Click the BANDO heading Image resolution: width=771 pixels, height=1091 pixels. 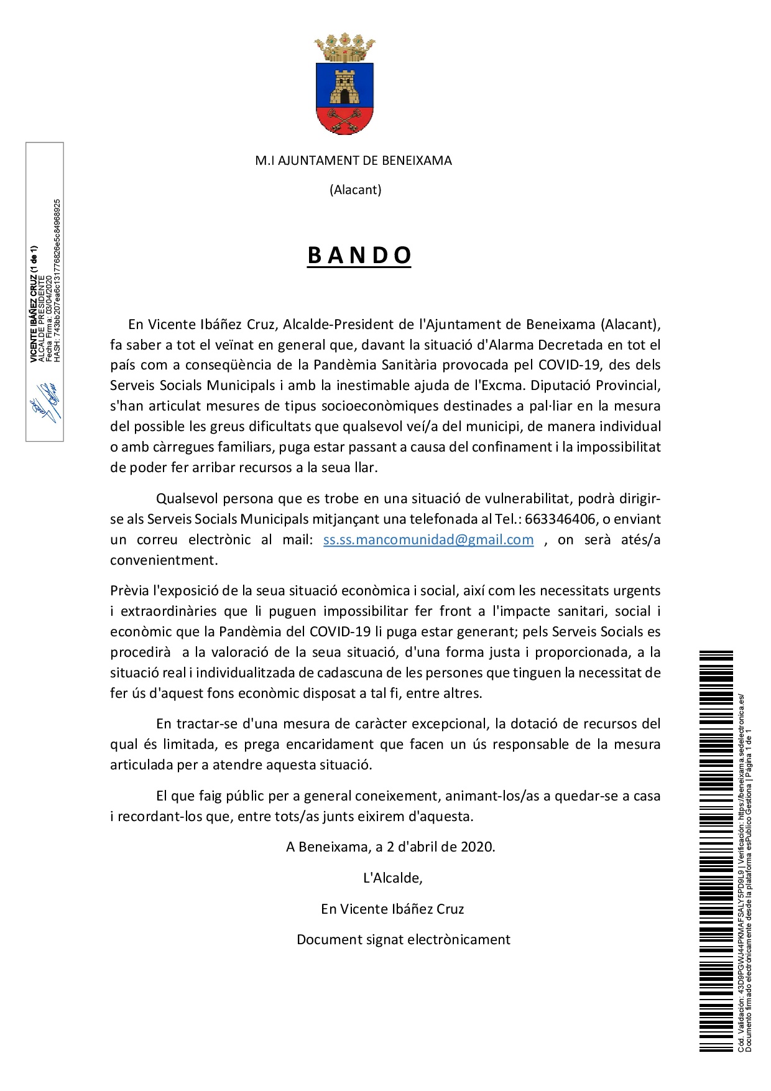[359, 256]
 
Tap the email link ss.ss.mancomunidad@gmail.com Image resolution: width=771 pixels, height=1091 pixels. [428, 539]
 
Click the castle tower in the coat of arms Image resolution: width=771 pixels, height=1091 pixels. [344, 87]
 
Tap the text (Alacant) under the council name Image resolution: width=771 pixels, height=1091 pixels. [355, 190]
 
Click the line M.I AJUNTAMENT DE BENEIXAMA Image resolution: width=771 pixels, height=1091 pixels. [353, 160]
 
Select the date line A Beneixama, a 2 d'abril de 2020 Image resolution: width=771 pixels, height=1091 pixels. [390, 847]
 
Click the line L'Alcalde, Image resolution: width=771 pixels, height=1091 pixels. [393, 878]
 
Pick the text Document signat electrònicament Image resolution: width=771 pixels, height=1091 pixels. [404, 939]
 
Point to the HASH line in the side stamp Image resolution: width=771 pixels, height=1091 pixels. [57, 280]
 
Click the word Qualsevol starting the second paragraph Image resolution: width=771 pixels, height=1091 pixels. [187, 498]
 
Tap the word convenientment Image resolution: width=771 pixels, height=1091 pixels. [164, 560]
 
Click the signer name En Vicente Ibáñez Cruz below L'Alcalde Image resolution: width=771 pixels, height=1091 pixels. [392, 909]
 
